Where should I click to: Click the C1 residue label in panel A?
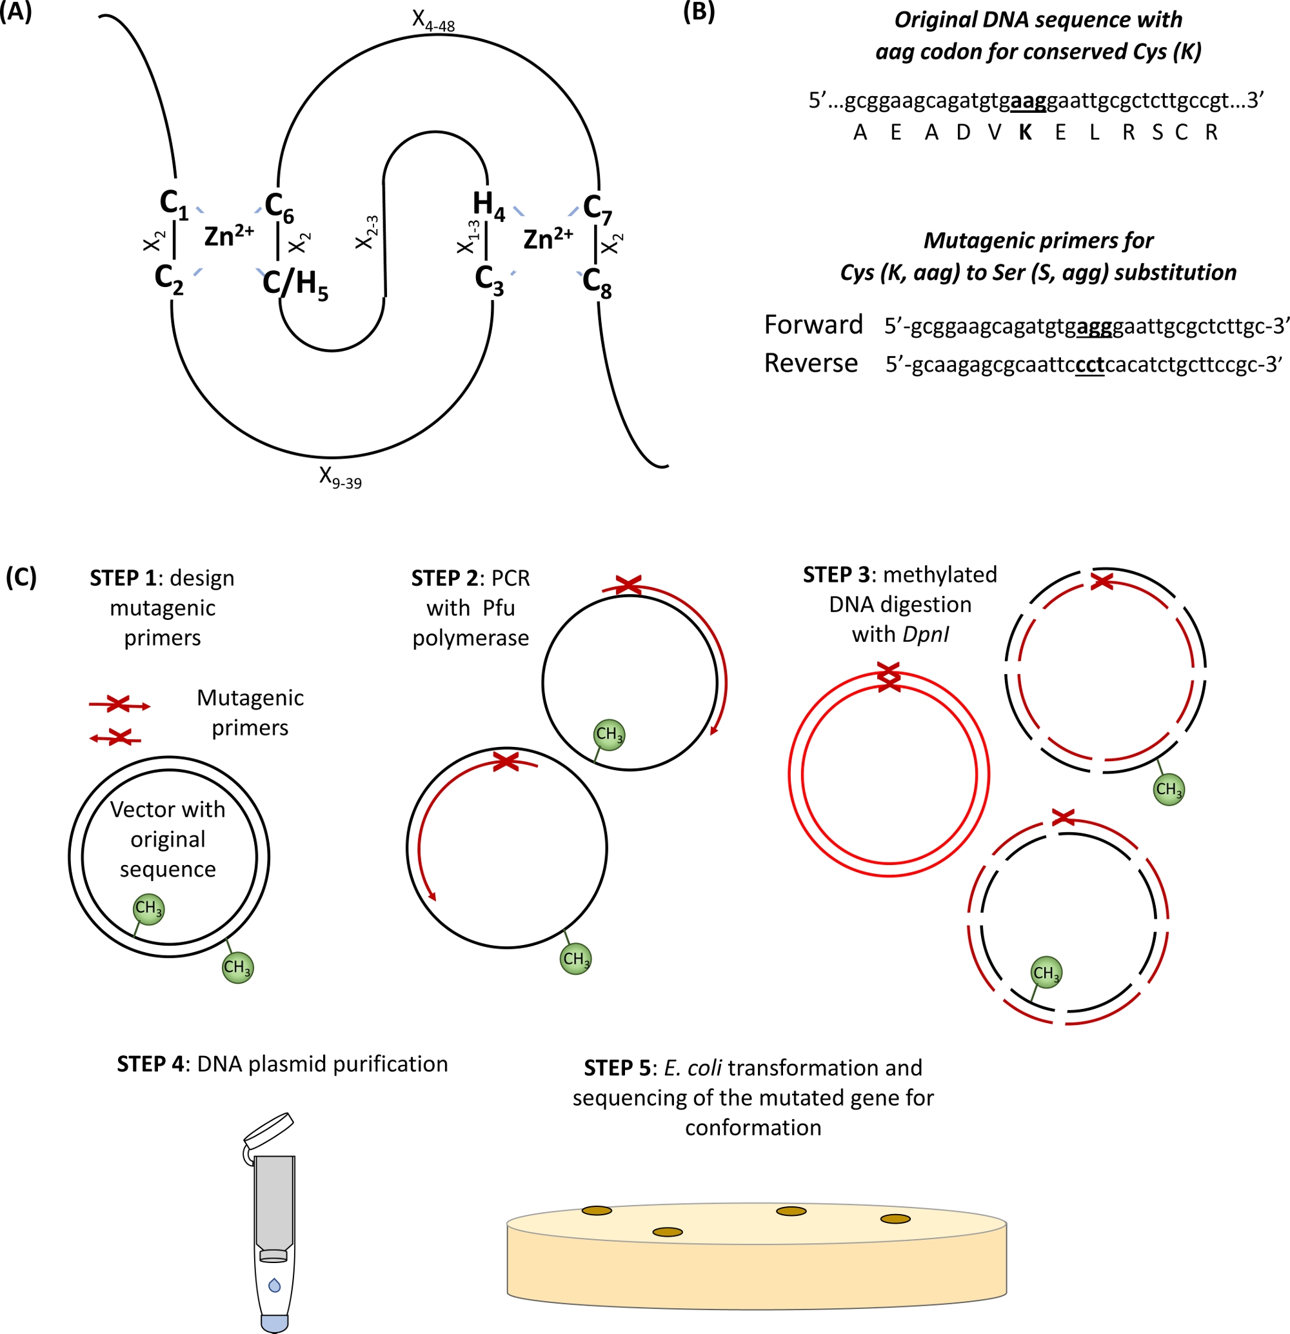click(x=174, y=204)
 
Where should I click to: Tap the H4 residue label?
click(x=488, y=205)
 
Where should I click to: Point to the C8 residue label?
click(x=597, y=282)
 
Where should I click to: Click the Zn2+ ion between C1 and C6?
click(x=228, y=235)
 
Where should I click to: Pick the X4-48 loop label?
click(x=433, y=21)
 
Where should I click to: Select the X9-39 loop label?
click(x=340, y=477)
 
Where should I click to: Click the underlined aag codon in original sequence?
click(x=1028, y=101)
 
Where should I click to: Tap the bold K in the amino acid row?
click(x=1026, y=132)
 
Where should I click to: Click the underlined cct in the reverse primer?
click(x=1090, y=365)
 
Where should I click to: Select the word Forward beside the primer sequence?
click(x=813, y=324)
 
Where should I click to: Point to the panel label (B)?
click(x=699, y=12)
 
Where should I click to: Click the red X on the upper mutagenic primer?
click(x=119, y=704)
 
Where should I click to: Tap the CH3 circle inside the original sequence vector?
click(x=148, y=909)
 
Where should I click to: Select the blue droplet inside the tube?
click(x=274, y=1284)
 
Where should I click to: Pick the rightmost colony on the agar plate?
click(x=895, y=1219)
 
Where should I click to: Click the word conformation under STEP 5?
click(x=753, y=1127)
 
